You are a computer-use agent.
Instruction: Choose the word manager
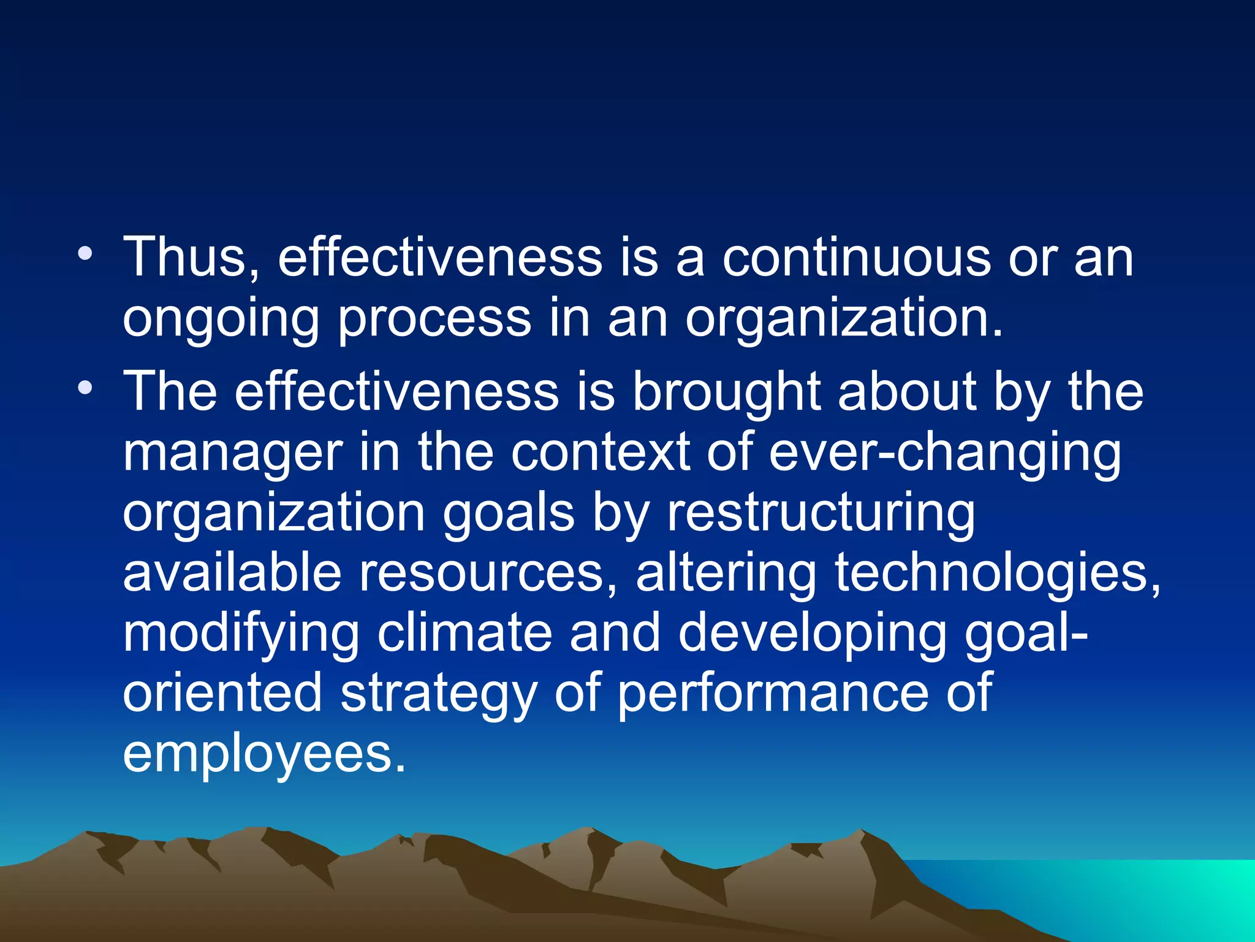(x=232, y=454)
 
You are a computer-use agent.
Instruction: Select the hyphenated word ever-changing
(x=944, y=454)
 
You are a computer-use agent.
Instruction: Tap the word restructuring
(x=821, y=514)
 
